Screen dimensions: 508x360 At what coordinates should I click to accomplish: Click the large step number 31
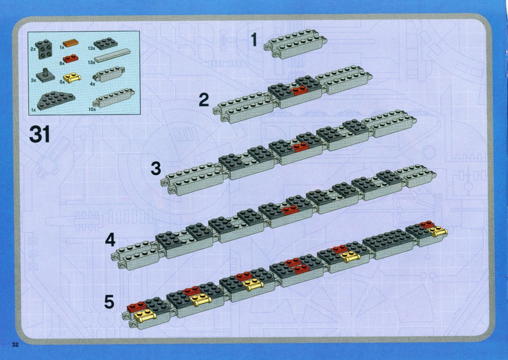(x=40, y=135)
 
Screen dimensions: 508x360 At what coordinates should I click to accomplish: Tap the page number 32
(x=15, y=344)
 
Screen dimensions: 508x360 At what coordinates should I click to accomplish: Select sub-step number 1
(x=254, y=40)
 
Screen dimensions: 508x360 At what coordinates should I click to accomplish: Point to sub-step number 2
(x=204, y=100)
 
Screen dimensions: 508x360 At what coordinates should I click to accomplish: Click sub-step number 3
(x=156, y=169)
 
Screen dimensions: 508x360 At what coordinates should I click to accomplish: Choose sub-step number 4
(x=110, y=240)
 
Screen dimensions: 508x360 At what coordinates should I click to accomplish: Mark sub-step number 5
(x=109, y=302)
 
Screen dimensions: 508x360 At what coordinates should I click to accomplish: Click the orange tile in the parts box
(x=71, y=43)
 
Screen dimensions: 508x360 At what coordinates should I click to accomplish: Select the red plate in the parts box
(x=71, y=58)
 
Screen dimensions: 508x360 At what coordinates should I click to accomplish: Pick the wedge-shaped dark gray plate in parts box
(x=56, y=100)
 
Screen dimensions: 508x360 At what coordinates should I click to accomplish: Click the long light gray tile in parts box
(x=113, y=55)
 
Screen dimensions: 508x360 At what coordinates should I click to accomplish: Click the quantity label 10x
(x=92, y=110)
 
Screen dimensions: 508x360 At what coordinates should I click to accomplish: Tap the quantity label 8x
(x=62, y=63)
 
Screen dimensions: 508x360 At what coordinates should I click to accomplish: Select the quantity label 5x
(x=62, y=82)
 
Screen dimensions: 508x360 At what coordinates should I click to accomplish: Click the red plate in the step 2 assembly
(x=299, y=90)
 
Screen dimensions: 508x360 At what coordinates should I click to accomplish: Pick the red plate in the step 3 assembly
(x=300, y=147)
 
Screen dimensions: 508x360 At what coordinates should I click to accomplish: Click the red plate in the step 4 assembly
(x=290, y=210)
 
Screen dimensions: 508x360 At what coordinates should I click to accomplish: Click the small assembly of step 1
(x=295, y=44)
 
